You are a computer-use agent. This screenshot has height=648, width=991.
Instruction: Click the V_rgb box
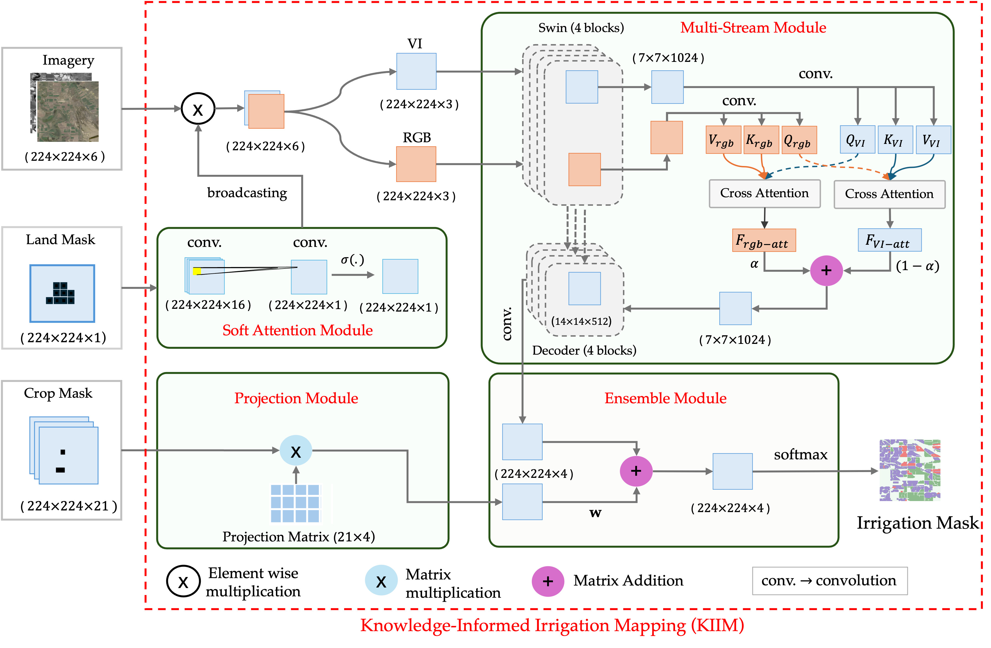tap(723, 140)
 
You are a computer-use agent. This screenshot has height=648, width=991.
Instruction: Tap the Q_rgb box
tap(799, 140)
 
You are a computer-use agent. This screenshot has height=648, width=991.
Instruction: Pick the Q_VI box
tap(857, 139)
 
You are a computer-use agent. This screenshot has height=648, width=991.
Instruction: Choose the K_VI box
tap(895, 139)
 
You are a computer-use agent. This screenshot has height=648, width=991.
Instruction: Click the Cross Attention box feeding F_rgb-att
tap(765, 194)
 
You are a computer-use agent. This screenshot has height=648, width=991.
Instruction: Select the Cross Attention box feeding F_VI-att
tap(889, 194)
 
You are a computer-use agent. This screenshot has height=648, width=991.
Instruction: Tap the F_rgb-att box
tap(764, 240)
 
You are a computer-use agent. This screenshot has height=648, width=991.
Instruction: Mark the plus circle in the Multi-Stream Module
tap(826, 271)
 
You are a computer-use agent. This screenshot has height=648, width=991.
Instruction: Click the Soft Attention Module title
tap(297, 330)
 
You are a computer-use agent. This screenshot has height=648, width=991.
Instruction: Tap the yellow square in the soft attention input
tap(197, 272)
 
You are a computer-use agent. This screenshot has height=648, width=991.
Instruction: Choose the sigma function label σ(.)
tap(352, 260)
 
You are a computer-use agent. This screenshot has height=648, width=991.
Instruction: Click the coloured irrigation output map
tap(910, 471)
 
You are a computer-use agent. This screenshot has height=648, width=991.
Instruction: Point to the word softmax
tap(800, 454)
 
